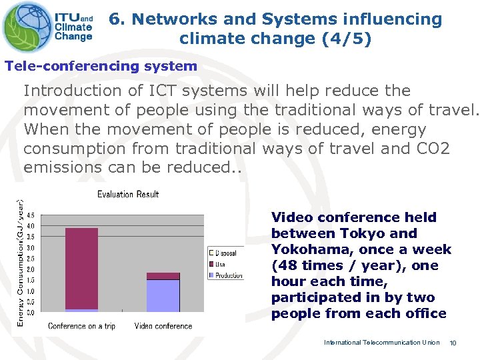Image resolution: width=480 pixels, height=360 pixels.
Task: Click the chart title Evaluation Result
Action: click(x=128, y=195)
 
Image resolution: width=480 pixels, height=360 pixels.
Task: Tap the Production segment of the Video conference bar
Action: click(x=163, y=295)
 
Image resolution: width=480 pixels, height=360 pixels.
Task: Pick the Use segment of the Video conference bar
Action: click(x=163, y=276)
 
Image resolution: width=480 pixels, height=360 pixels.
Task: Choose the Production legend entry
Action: click(x=227, y=275)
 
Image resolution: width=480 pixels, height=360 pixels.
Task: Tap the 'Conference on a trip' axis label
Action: click(x=81, y=326)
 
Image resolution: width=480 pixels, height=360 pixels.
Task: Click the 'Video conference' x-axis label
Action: click(x=163, y=326)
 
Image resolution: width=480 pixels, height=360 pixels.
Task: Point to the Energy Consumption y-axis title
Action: click(x=20, y=263)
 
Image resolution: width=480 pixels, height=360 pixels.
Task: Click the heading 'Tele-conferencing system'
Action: click(x=101, y=66)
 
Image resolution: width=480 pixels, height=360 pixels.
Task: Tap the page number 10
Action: click(x=453, y=343)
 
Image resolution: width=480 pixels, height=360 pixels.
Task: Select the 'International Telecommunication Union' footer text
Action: click(x=381, y=343)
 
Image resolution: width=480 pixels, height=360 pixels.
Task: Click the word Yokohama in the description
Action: click(x=303, y=249)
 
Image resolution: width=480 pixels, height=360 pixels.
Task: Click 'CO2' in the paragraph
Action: click(x=435, y=148)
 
